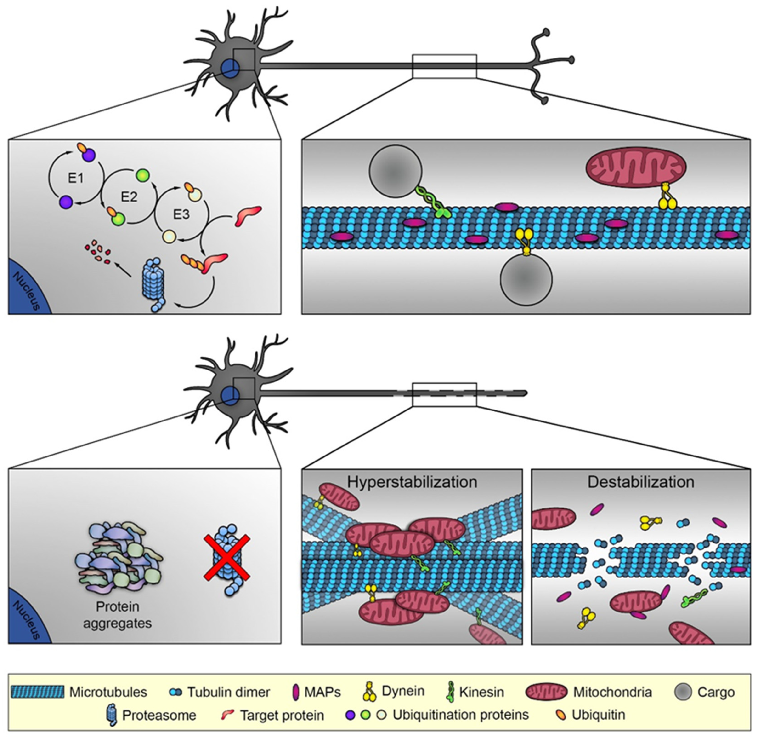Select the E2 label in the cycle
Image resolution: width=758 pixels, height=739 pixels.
pyautogui.click(x=129, y=197)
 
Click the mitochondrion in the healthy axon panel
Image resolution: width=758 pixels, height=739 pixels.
pyautogui.click(x=635, y=167)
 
